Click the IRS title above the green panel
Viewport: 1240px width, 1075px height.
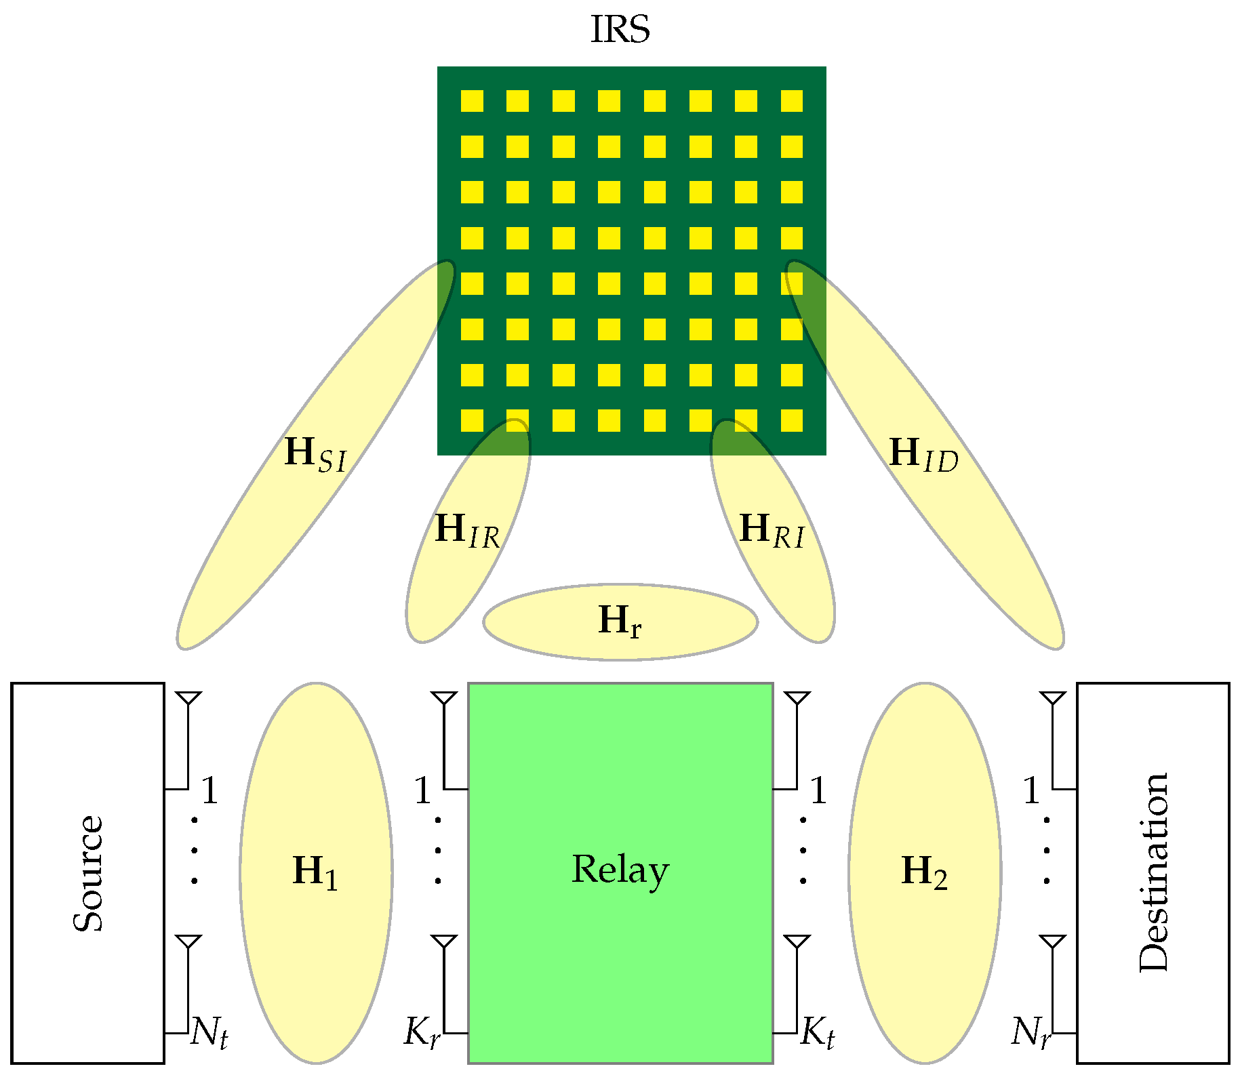(x=620, y=29)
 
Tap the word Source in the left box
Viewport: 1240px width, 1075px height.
(x=88, y=873)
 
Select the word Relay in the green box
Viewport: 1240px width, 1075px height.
(x=620, y=870)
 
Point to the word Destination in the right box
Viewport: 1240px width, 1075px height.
(x=1153, y=873)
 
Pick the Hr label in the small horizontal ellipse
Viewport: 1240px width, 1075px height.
(x=620, y=621)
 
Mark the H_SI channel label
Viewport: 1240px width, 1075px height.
(x=315, y=453)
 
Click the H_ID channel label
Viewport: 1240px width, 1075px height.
(x=923, y=453)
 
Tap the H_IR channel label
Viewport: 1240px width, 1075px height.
(x=467, y=530)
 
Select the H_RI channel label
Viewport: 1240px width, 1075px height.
(x=772, y=530)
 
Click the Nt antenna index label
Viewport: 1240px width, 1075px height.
(x=209, y=1032)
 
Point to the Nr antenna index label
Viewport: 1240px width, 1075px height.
(x=1031, y=1032)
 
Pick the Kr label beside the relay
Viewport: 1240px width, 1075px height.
(x=422, y=1032)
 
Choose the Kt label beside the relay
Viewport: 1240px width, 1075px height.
(x=818, y=1032)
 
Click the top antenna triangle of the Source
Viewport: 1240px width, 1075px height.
(x=188, y=698)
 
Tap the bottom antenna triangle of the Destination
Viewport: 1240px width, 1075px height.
(x=1052, y=941)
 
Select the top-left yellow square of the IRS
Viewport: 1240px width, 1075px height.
(x=472, y=101)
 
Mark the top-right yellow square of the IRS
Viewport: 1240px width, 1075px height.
(x=791, y=101)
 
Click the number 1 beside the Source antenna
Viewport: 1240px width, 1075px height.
(x=209, y=790)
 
